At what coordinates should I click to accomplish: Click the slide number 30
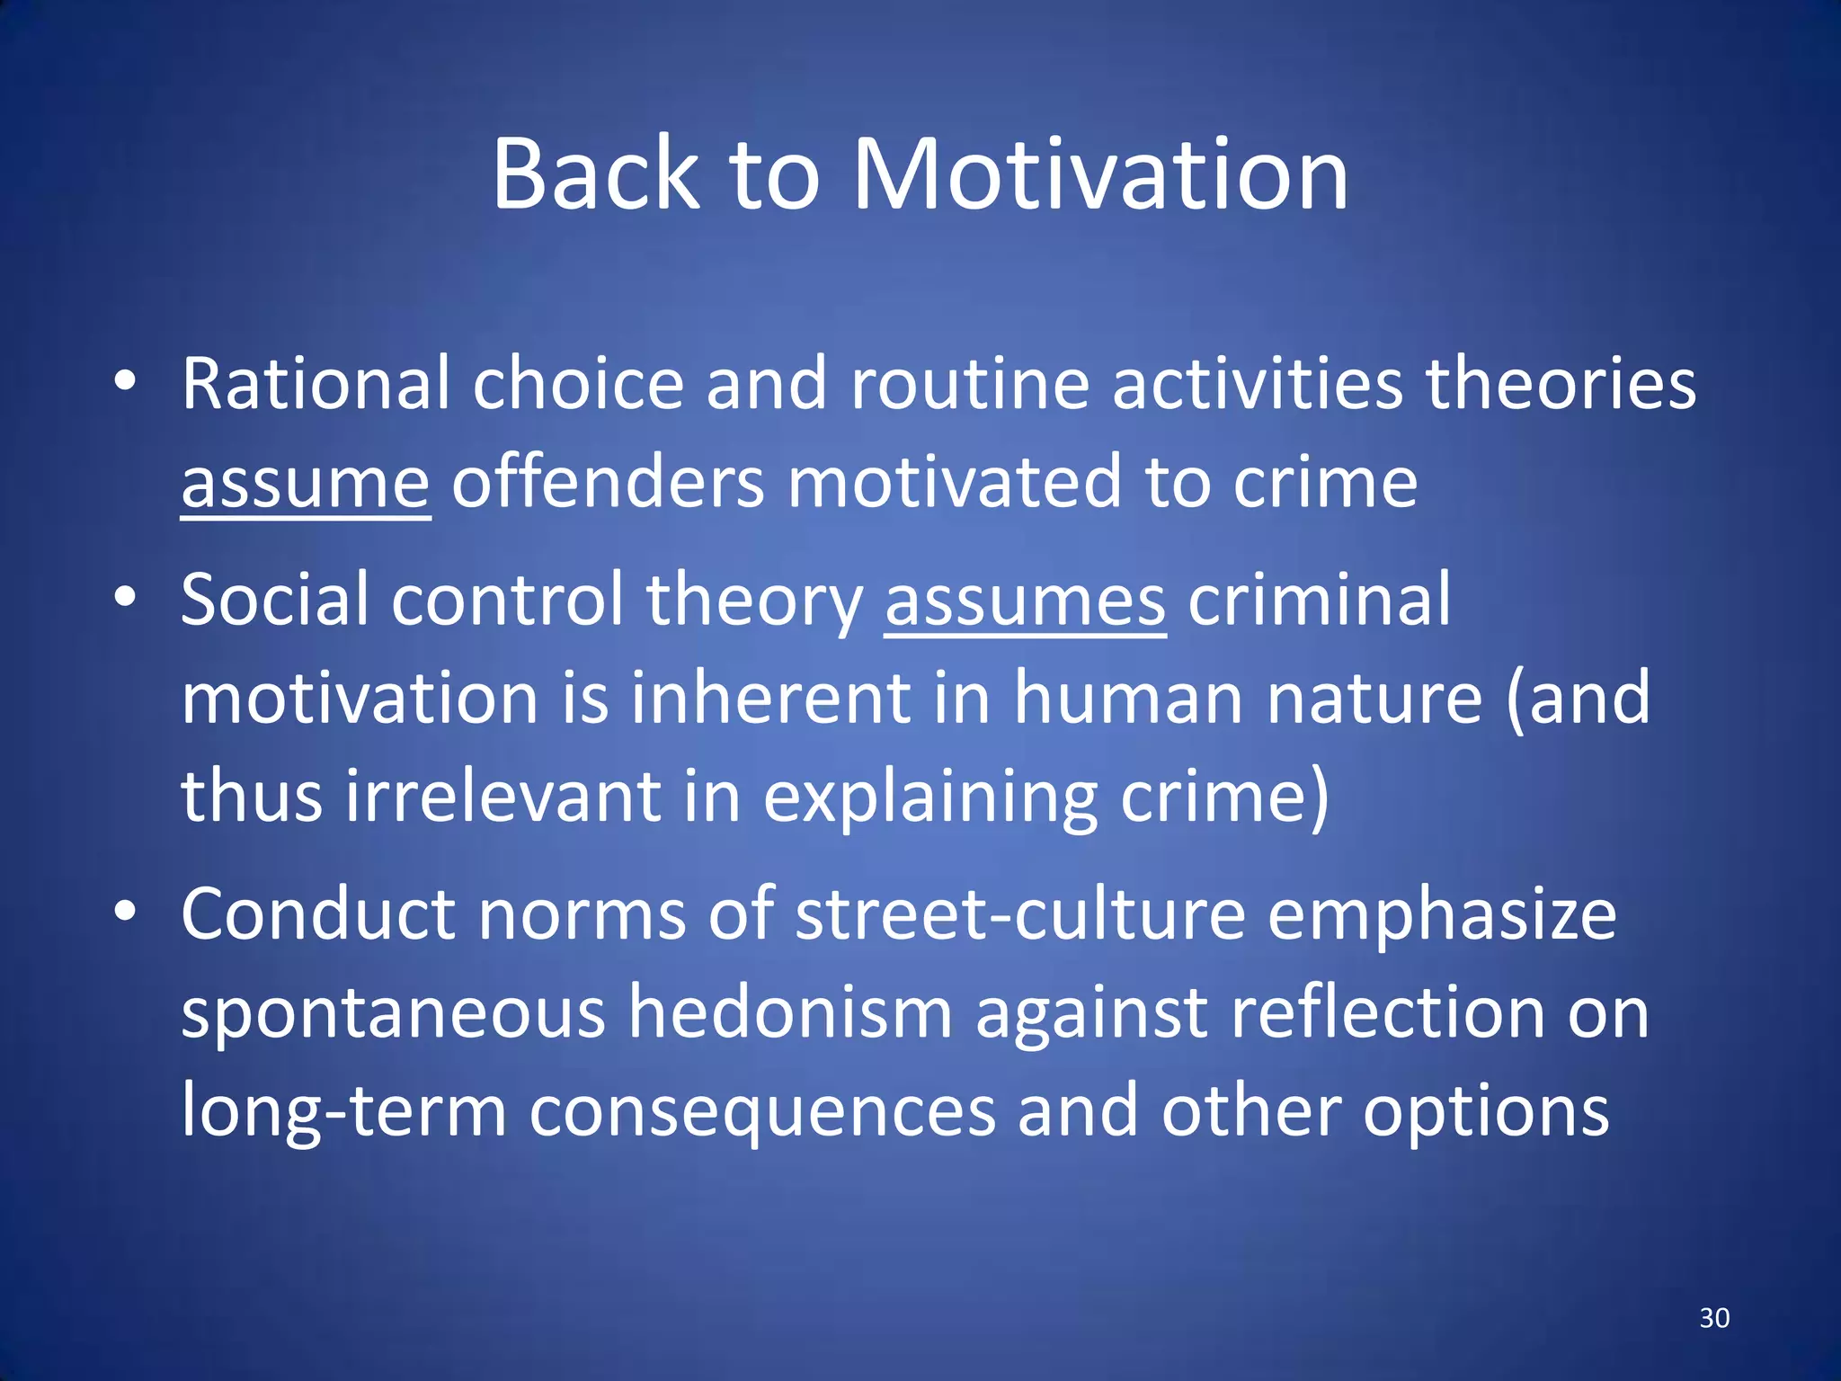point(1714,1318)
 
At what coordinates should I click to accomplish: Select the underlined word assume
point(306,484)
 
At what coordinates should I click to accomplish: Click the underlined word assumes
point(1025,601)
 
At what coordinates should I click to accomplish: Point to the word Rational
point(315,384)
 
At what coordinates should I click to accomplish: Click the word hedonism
point(789,1013)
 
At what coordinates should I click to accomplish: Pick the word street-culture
point(1020,914)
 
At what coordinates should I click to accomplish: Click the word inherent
point(769,699)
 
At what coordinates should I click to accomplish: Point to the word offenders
point(608,484)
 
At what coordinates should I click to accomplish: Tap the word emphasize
point(1442,914)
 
